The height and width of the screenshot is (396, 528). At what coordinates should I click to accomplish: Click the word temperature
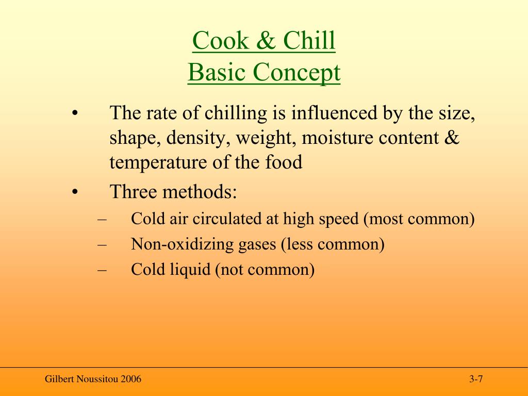point(158,163)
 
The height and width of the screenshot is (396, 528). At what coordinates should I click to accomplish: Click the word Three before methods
point(133,192)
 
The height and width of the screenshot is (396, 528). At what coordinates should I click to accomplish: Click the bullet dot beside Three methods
point(75,192)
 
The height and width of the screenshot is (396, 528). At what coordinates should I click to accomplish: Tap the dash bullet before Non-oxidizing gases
point(102,244)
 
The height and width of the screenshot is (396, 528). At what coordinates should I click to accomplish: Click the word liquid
point(192,269)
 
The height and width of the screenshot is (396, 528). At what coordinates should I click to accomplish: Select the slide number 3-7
point(475,380)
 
